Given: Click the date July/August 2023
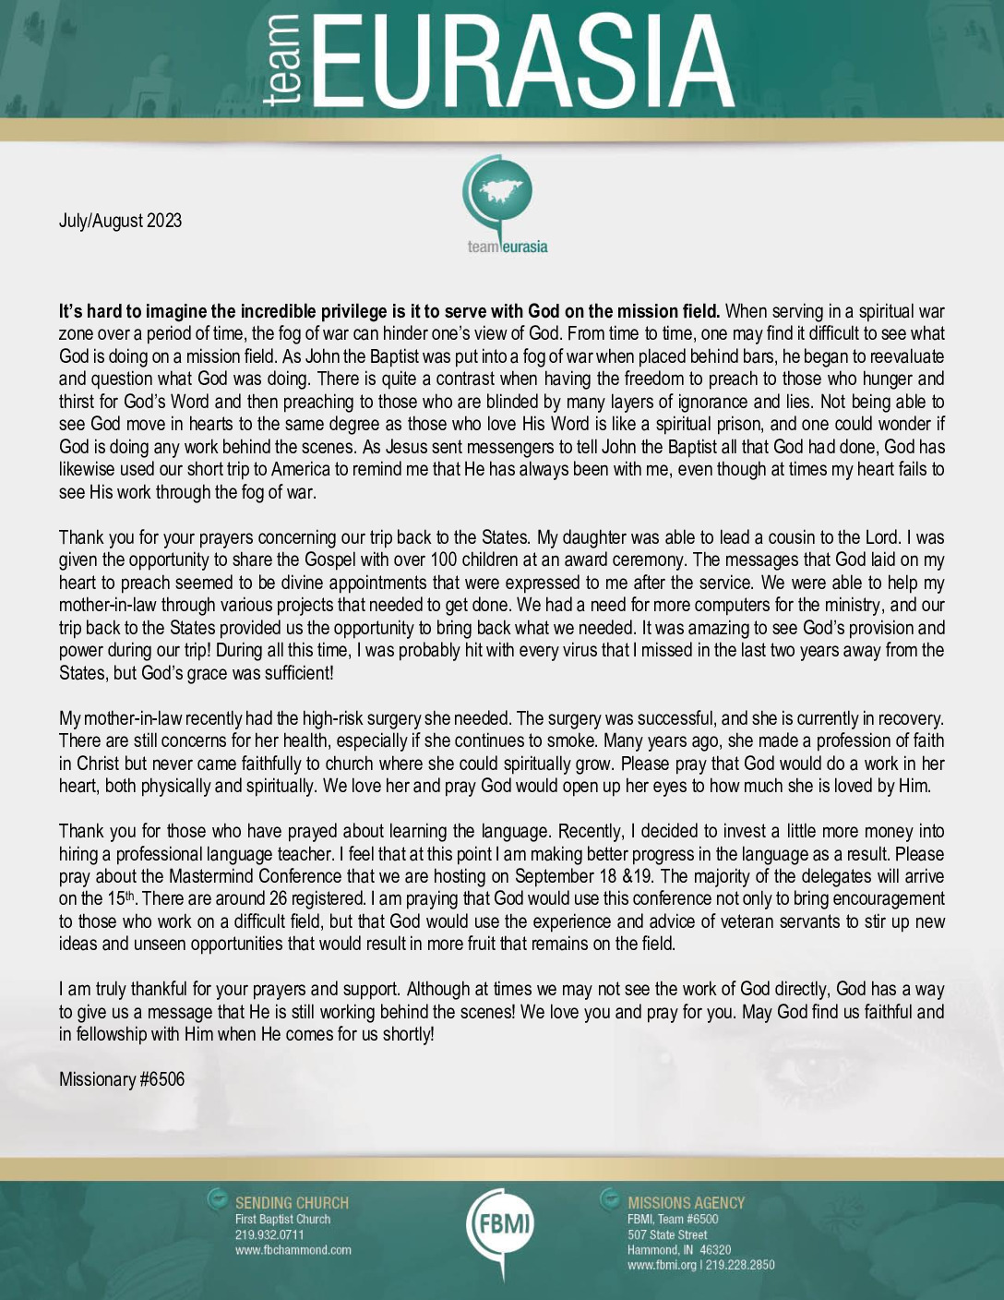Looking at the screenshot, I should [x=120, y=221].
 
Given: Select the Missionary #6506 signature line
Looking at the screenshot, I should [x=122, y=1078].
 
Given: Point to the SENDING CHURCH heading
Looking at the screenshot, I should [x=292, y=1203].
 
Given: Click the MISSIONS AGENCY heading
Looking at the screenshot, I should [x=686, y=1203].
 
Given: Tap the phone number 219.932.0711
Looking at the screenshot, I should [x=269, y=1234].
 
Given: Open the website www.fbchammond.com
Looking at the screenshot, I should [x=293, y=1250].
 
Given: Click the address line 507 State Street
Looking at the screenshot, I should [x=667, y=1234].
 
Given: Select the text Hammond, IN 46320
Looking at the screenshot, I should [x=679, y=1250].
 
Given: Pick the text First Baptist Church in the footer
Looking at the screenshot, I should [x=282, y=1219].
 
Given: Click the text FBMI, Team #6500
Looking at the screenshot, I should [x=673, y=1219].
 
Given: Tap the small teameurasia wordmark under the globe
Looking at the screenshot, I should [x=508, y=246].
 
